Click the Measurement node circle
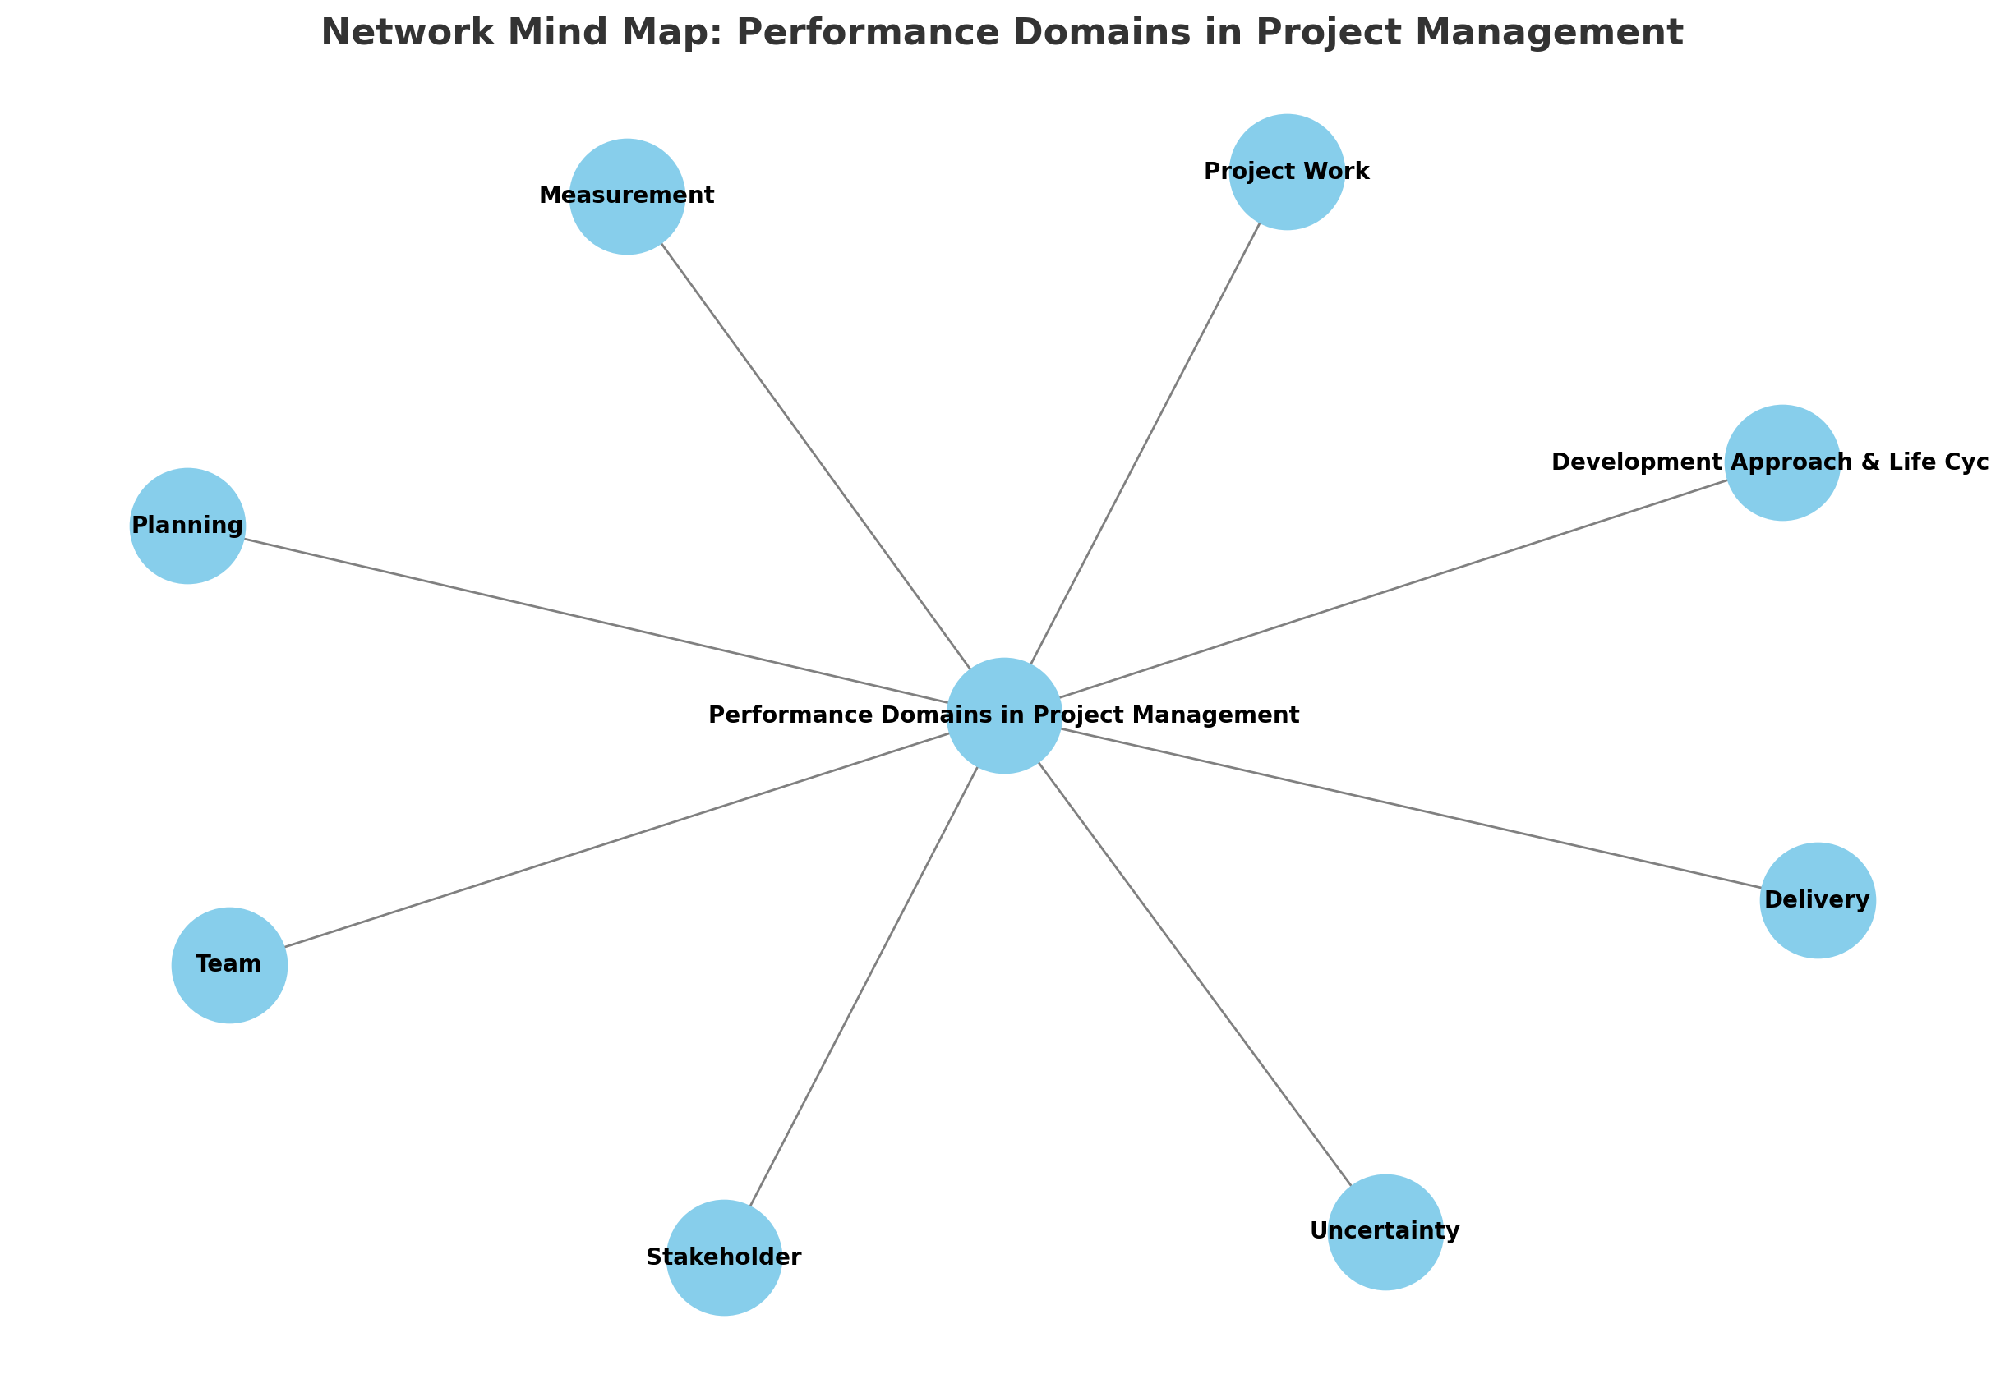626,196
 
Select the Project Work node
1286,172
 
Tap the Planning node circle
187,526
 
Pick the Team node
228,964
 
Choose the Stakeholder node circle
724,1257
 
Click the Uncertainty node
1385,1231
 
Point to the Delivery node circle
1817,900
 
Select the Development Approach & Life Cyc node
1781,462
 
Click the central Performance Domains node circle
1004,715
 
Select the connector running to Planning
596,621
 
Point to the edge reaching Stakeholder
864,986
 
